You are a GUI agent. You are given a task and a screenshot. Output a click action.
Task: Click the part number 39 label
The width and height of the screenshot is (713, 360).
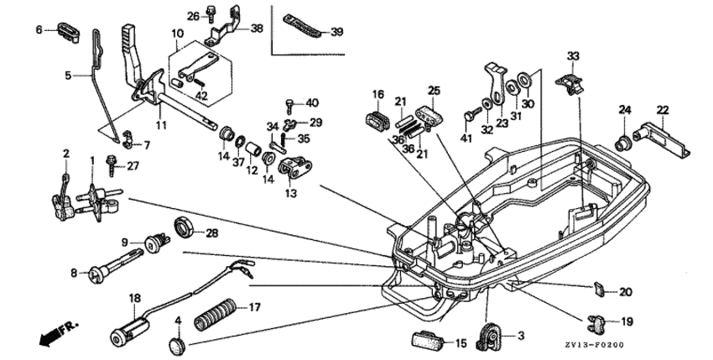(x=337, y=32)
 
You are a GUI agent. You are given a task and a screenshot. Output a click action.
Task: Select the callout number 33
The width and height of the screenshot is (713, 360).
(x=572, y=56)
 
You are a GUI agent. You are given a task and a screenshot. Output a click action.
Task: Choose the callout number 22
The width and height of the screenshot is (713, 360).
(x=663, y=109)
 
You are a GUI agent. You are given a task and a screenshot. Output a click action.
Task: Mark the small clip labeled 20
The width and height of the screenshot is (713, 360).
(x=599, y=290)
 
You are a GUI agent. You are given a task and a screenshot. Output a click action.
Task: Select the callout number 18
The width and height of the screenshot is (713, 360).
(x=134, y=298)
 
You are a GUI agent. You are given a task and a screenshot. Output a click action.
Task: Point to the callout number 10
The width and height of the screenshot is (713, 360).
(x=176, y=34)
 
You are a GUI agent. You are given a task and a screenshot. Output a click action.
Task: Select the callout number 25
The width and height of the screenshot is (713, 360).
(x=434, y=91)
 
